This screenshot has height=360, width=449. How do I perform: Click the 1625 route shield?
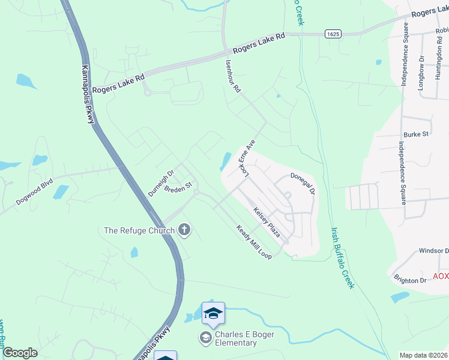334,34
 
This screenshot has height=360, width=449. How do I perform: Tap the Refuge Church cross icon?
184,230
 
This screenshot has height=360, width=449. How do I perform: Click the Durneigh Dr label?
161,184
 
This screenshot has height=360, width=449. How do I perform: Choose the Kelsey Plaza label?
267,222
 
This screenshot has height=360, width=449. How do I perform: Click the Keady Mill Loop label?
254,242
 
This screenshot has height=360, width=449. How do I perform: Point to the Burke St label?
416,134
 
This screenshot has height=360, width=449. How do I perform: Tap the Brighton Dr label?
410,280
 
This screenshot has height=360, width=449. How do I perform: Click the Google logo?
20,353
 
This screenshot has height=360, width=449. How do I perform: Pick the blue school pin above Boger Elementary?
213,314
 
